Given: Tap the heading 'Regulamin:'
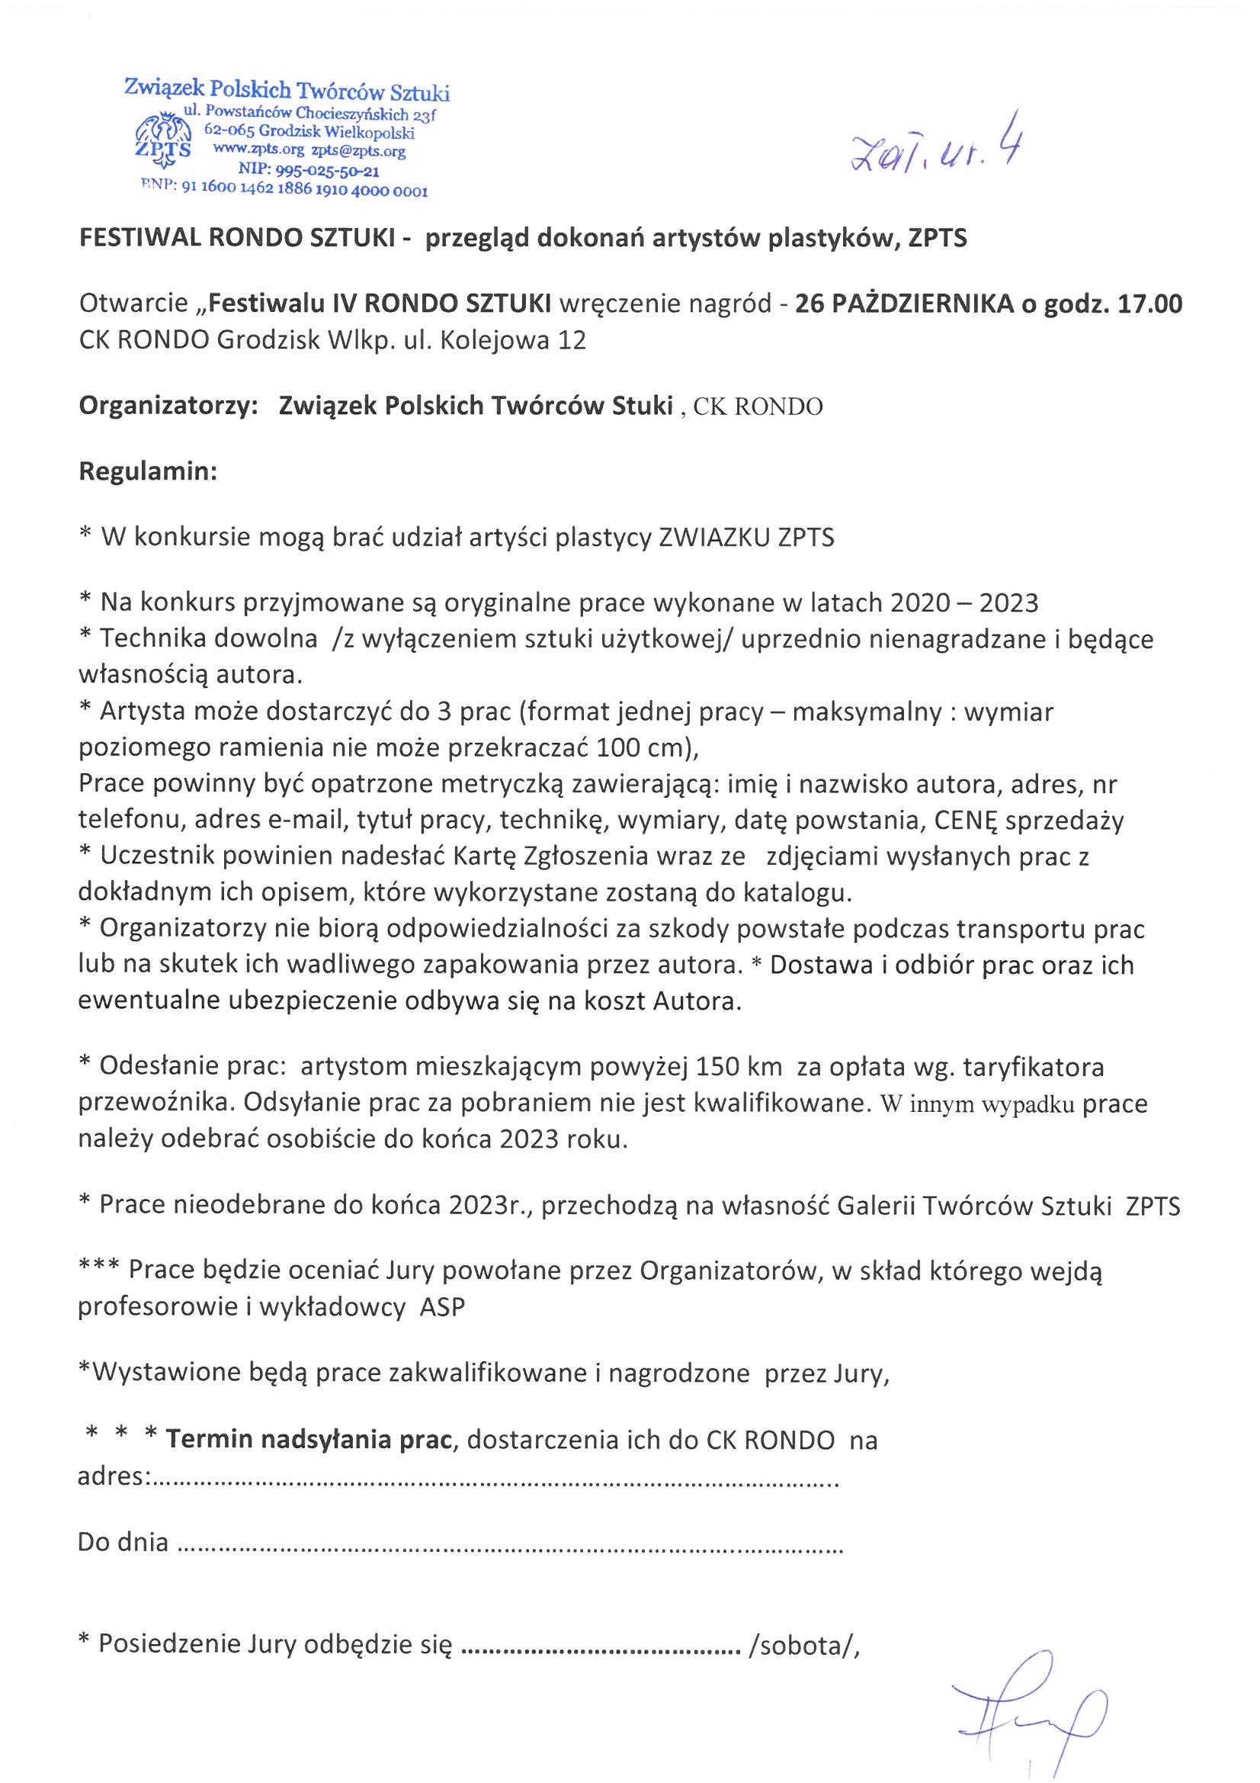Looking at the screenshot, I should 148,471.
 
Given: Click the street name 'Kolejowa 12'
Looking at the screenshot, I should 513,341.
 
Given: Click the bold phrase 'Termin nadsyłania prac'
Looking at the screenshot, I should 309,1440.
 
